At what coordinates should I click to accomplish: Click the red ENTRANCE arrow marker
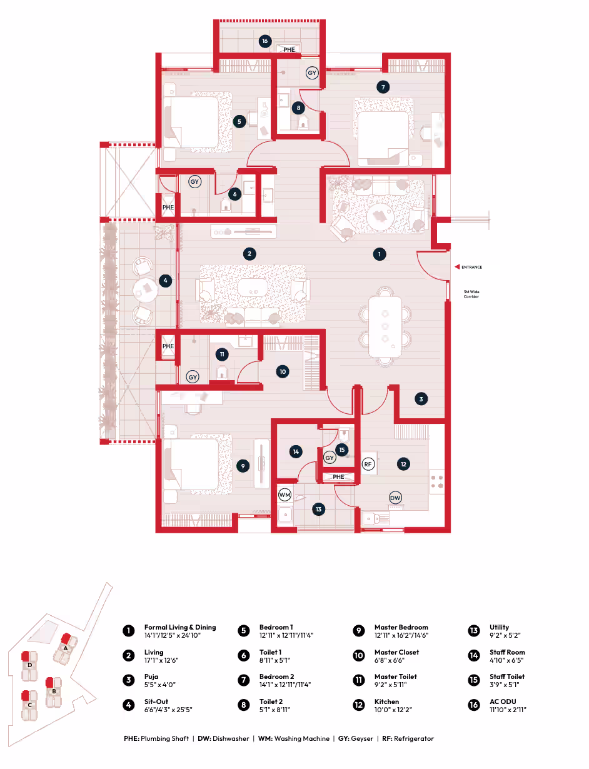tap(456, 266)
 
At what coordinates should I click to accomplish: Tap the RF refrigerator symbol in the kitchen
tap(368, 464)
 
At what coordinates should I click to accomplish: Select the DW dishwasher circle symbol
tap(395, 498)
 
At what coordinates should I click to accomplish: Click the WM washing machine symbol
tap(284, 495)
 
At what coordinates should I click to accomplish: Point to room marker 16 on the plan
tap(265, 41)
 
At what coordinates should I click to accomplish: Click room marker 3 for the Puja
tap(421, 399)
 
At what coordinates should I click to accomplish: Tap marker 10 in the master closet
tap(282, 371)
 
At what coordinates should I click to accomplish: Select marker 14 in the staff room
tap(296, 451)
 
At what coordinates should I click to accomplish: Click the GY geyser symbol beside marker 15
tap(330, 458)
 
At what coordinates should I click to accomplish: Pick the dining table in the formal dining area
tap(385, 326)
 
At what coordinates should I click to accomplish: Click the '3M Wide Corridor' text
tap(471, 294)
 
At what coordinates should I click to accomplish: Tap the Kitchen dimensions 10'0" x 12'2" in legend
tap(393, 710)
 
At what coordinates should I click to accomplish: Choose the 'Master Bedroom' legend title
tap(401, 627)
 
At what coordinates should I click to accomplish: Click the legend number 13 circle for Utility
tap(474, 631)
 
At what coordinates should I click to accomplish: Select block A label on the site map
tap(66, 648)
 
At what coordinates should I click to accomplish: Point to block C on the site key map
tap(30, 705)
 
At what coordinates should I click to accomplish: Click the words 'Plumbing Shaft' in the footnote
tap(164, 738)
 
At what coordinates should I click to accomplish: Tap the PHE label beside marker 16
tap(289, 50)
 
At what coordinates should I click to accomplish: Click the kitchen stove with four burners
tap(437, 481)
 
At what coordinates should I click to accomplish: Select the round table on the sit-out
tap(145, 290)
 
